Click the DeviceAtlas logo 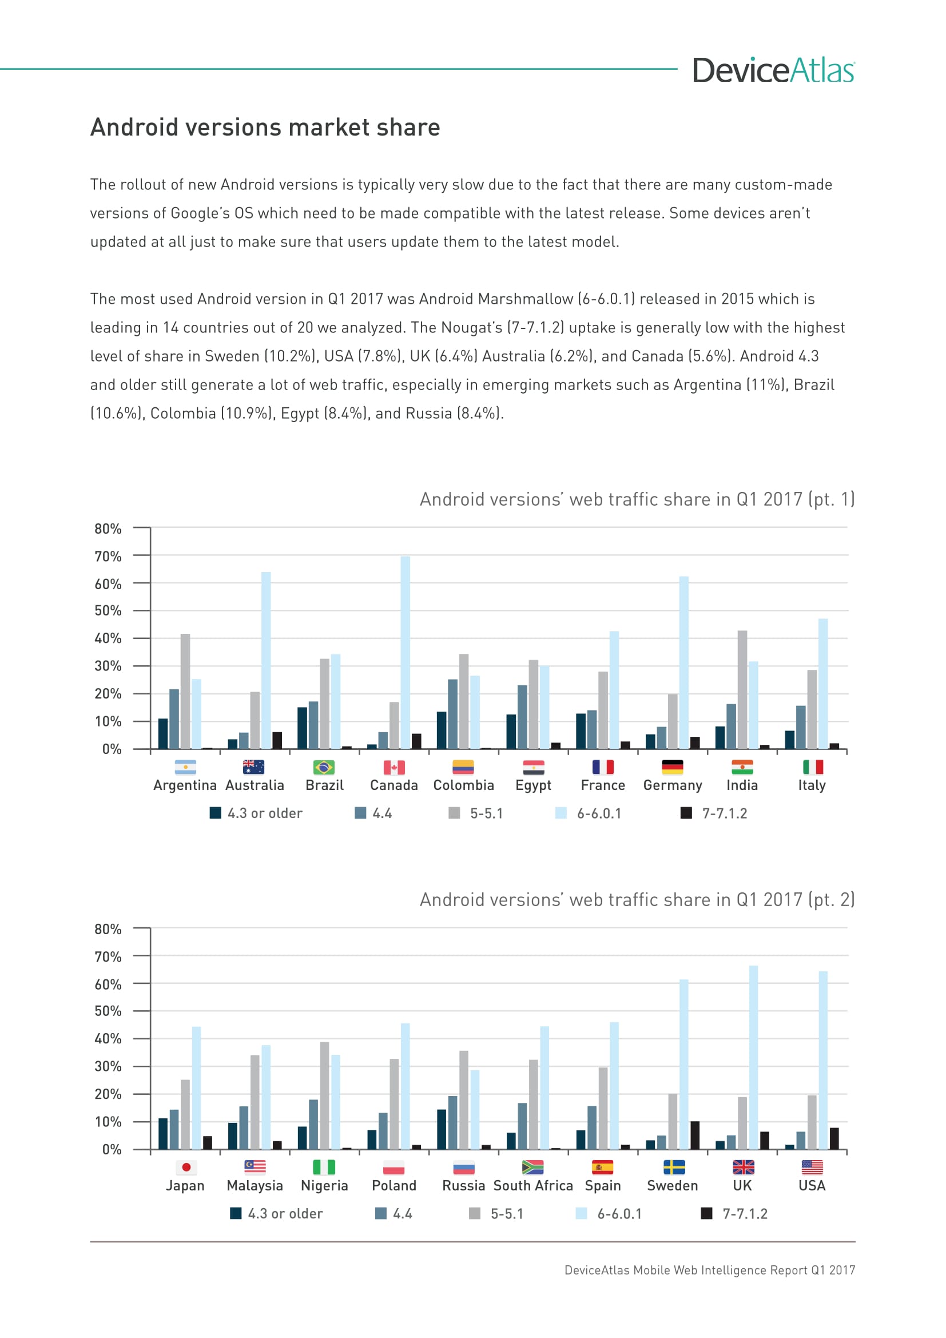tap(773, 70)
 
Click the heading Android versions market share tap(265, 128)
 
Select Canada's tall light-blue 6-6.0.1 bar tap(406, 652)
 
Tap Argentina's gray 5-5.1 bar tap(185, 691)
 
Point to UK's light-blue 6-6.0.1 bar tap(753, 1057)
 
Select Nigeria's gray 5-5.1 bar tap(324, 1095)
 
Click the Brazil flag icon tap(324, 767)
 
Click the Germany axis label tap(672, 785)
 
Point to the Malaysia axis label tap(255, 1186)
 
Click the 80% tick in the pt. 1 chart tap(108, 529)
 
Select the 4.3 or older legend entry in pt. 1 tap(256, 813)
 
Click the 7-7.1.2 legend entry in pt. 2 tap(735, 1214)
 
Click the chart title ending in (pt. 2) tap(637, 900)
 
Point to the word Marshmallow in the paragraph tap(525, 299)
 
